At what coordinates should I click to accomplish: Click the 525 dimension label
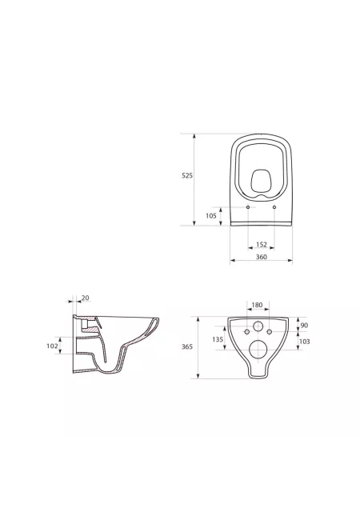[x=187, y=176]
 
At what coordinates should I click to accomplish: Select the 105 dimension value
[x=211, y=216]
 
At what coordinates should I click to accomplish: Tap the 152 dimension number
[x=262, y=245]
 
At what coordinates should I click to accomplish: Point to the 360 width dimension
[x=262, y=257]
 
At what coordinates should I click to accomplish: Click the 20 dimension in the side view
[x=86, y=298]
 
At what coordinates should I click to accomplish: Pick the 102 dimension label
[x=52, y=346]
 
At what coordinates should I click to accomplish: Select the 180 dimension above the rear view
[x=257, y=306]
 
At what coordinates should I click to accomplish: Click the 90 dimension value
[x=304, y=326]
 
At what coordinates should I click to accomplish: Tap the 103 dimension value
[x=304, y=342]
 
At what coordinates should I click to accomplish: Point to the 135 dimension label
[x=218, y=339]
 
